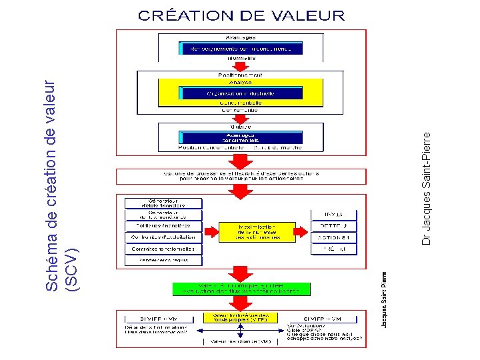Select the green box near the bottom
[241, 288]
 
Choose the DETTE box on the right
[333, 226]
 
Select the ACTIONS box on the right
[333, 237]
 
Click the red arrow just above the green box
[241, 273]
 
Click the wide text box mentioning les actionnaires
[241, 176]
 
